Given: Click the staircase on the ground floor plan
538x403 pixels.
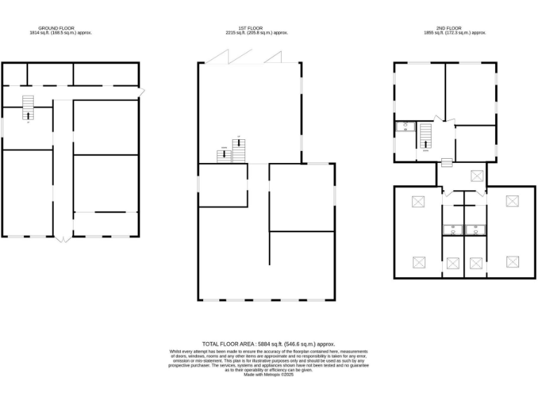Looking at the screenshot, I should click(x=28, y=107).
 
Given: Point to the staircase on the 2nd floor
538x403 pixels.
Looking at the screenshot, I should click(x=425, y=136).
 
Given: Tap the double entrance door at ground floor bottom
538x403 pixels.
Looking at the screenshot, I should click(x=63, y=239).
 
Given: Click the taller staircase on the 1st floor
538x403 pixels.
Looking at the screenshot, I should click(x=240, y=149).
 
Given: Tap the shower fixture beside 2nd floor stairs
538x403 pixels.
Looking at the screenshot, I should click(x=404, y=127).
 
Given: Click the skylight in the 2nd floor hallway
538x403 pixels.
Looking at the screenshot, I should click(x=477, y=175).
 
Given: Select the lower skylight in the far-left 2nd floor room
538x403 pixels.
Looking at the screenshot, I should click(x=419, y=263).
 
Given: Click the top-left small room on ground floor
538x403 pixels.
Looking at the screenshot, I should click(x=15, y=74).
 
